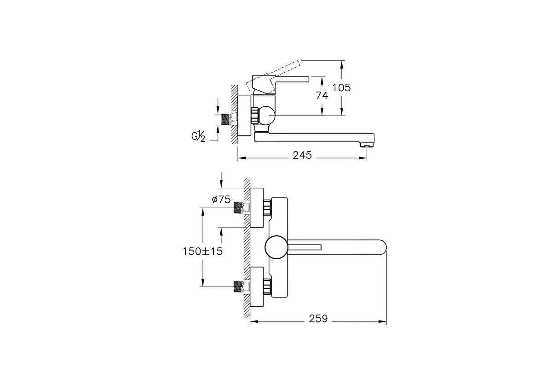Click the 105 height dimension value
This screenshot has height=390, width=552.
coord(341,88)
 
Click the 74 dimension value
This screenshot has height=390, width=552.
coord(322,95)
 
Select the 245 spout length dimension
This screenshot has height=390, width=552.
coord(302,155)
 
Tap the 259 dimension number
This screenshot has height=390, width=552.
coord(318,319)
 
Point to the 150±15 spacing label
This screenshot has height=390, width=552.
coord(202,251)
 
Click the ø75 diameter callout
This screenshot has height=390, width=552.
coord(221,199)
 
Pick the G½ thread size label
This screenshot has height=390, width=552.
coord(198,136)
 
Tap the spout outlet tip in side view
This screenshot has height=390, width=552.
coord(367,145)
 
